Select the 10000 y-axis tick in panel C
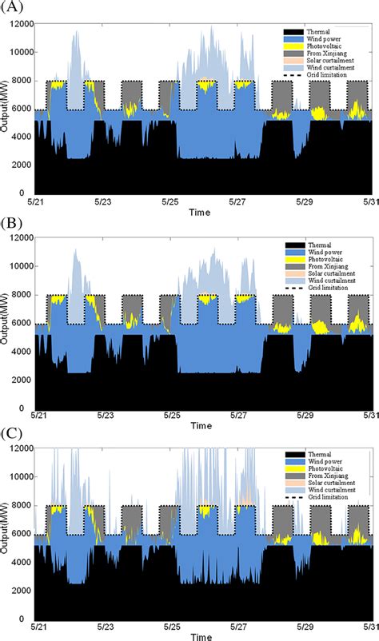click(22, 480)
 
